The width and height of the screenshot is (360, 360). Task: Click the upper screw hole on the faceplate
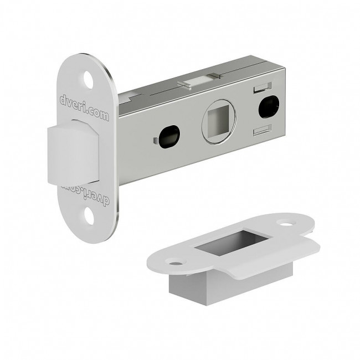point(89,80)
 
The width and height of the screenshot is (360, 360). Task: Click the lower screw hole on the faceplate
point(89,215)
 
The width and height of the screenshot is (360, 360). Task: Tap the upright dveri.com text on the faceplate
point(84,108)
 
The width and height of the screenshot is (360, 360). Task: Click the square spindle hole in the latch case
point(218,121)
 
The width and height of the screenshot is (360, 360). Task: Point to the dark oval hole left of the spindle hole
point(169,136)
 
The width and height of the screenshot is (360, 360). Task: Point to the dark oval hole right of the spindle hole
point(269,106)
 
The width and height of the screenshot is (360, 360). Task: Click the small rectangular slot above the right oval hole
point(263,88)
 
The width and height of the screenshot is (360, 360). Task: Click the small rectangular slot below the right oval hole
point(263,130)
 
